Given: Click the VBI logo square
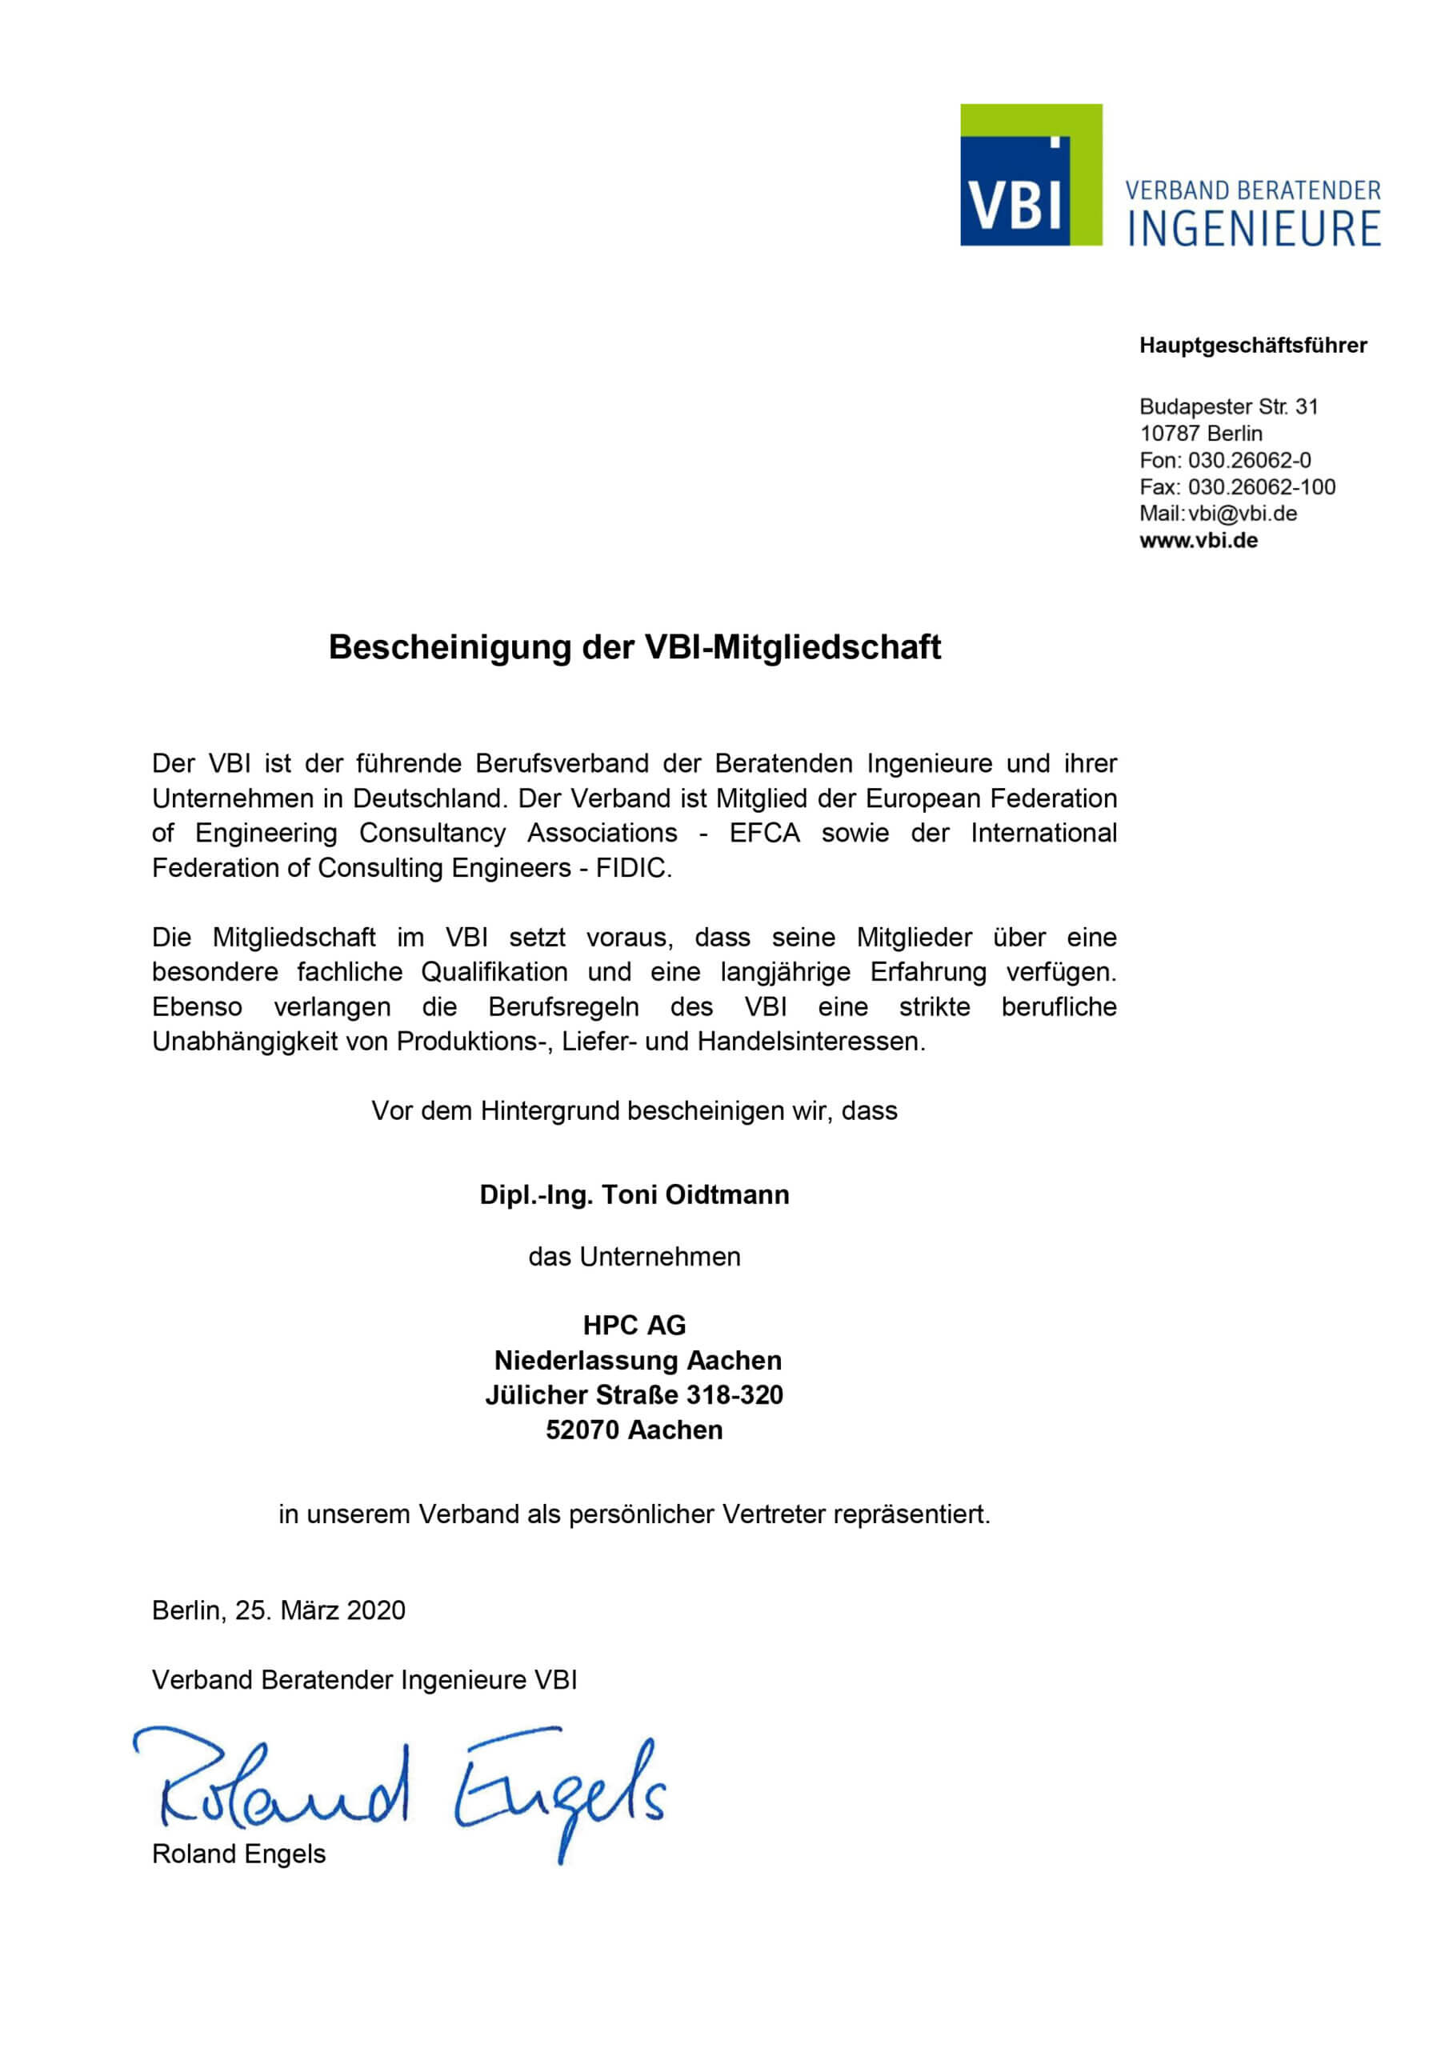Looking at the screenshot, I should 1031,175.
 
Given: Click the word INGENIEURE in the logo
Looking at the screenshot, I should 1254,228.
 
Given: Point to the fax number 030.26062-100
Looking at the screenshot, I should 1262,487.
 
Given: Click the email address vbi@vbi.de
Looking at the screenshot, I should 1242,514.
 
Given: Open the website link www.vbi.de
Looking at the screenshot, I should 1199,541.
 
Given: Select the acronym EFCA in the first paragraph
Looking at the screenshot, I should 764,833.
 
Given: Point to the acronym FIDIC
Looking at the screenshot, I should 633,868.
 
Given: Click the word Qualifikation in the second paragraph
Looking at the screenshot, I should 494,971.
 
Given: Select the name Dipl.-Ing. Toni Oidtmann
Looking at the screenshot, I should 634,1194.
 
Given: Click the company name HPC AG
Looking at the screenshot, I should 634,1326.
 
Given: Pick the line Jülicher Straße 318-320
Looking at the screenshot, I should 634,1395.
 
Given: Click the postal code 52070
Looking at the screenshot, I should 582,1430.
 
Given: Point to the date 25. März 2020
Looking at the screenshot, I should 319,1610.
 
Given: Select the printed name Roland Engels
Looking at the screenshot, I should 239,1854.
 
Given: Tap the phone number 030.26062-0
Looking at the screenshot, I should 1249,460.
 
